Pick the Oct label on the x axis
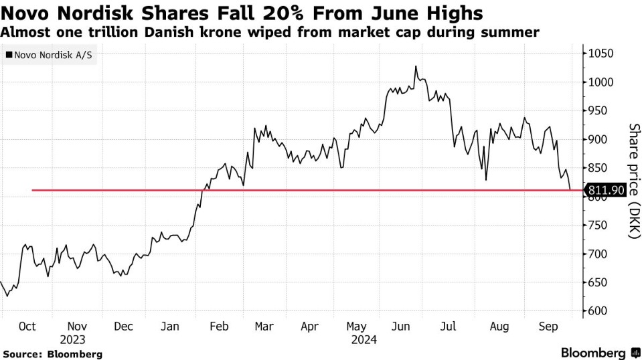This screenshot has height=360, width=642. click(27, 327)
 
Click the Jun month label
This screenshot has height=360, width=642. click(401, 327)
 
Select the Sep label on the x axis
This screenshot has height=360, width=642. click(549, 327)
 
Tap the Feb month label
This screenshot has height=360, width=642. click(220, 327)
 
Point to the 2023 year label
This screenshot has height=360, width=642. click(73, 339)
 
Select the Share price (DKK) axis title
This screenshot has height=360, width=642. click(633, 181)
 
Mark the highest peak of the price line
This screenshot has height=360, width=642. click(416, 66)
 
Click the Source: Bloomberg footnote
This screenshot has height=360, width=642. click(52, 353)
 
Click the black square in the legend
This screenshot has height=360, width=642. click(9, 56)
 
